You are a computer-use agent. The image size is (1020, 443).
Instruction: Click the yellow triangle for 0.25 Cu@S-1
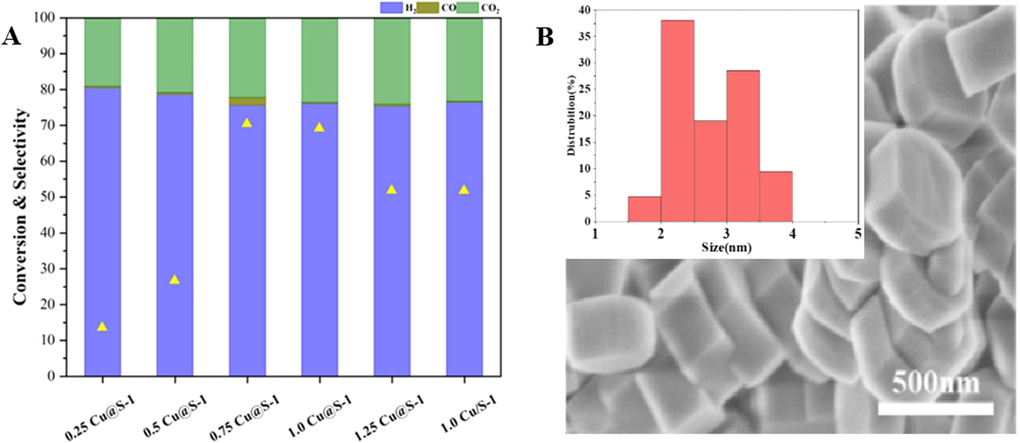point(102,326)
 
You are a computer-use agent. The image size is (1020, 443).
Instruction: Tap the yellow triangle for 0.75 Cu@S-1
point(247,123)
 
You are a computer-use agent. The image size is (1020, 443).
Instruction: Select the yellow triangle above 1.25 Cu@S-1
point(391,190)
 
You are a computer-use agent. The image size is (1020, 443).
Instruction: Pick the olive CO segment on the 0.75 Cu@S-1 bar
point(247,101)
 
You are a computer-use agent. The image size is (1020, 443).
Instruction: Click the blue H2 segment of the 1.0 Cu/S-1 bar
point(464,238)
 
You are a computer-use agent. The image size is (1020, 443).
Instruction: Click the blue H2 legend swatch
point(391,7)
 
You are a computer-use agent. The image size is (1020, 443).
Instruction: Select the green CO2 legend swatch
point(468,7)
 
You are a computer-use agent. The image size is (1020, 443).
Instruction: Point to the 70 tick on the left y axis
point(52,125)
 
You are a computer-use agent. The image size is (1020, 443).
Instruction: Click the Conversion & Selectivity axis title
point(20,207)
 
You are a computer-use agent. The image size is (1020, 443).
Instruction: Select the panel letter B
point(544,37)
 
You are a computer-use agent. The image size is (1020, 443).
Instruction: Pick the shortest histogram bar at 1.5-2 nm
point(645,209)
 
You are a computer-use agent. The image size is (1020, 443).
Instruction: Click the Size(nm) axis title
point(726,247)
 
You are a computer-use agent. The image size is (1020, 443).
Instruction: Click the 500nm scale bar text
point(935,384)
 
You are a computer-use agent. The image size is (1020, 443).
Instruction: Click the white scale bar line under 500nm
point(936,408)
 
